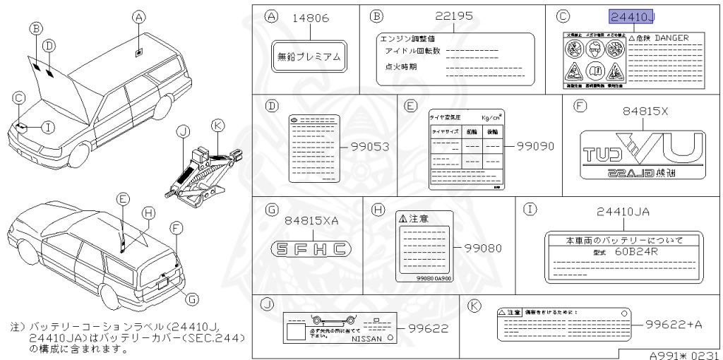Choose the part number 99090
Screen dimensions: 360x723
pyautogui.click(x=534, y=147)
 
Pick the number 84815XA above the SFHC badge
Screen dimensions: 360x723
pyautogui.click(x=311, y=220)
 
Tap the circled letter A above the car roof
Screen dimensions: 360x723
pyautogui.click(x=139, y=16)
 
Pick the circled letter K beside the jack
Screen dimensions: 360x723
pyautogui.click(x=218, y=125)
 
